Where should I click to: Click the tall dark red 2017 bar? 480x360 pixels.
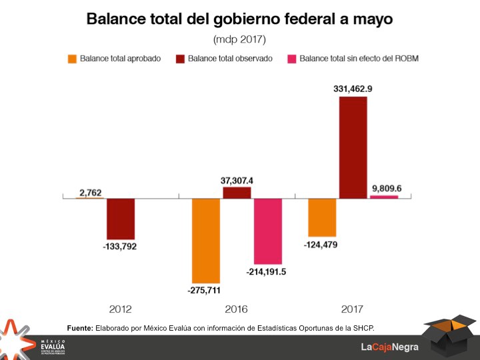tap(353, 147)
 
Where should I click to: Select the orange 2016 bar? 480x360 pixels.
tap(206, 240)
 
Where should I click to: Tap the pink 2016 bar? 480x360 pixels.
tap(268, 231)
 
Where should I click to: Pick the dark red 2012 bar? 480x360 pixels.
tap(121, 219)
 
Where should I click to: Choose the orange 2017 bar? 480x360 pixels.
tap(322, 217)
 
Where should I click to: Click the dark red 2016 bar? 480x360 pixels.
tap(237, 193)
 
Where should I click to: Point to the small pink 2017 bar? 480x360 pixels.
tap(384, 197)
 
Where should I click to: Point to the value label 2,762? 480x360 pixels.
tap(90, 193)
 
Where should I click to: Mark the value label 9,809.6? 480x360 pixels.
tap(387, 187)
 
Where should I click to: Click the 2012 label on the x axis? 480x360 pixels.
tap(120, 309)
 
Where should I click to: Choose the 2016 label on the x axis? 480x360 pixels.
tap(236, 309)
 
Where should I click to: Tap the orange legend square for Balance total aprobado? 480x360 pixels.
tap(72, 59)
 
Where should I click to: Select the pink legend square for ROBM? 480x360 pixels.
tap(291, 59)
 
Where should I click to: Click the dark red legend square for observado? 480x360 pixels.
tap(180, 59)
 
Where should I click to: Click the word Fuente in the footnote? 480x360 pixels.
tap(80, 327)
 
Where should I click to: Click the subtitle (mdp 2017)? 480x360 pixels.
tap(239, 39)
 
